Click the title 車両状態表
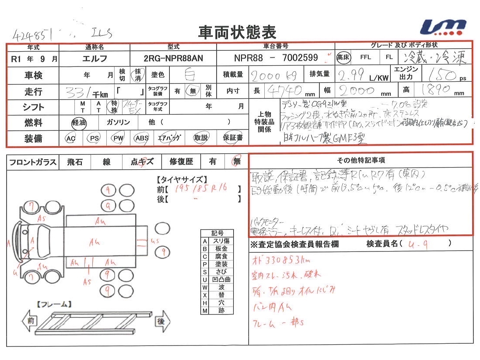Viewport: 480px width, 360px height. click(x=238, y=31)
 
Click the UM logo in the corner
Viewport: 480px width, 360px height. click(x=443, y=27)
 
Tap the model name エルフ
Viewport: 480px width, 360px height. click(x=95, y=58)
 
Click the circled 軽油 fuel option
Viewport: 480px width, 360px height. click(x=80, y=122)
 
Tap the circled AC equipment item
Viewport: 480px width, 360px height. click(x=70, y=138)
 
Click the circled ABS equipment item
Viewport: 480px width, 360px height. click(x=141, y=138)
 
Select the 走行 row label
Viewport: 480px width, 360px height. click(x=33, y=91)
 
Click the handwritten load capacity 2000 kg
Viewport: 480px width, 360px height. click(x=274, y=76)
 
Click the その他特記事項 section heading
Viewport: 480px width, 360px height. click(x=361, y=161)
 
